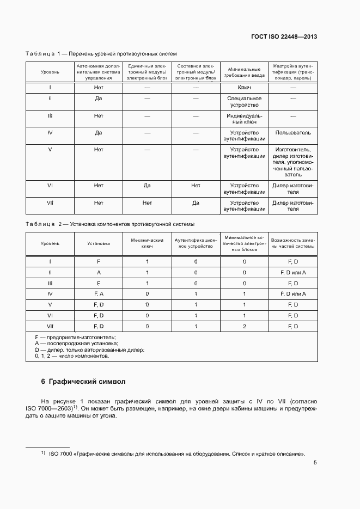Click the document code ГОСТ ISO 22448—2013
[284, 37]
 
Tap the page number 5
[315, 463]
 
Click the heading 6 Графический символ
[83, 381]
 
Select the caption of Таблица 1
[101, 53]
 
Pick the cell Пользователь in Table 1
[293, 132]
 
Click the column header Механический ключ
[147, 243]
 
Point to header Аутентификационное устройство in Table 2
[196, 243]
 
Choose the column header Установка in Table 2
[99, 243]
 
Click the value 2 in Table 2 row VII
[245, 326]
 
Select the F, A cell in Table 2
[99, 294]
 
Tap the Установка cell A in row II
[99, 272]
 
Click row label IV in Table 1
[50, 132]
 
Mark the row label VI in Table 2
[50, 315]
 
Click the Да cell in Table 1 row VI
[147, 186]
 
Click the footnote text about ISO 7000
[177, 453]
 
